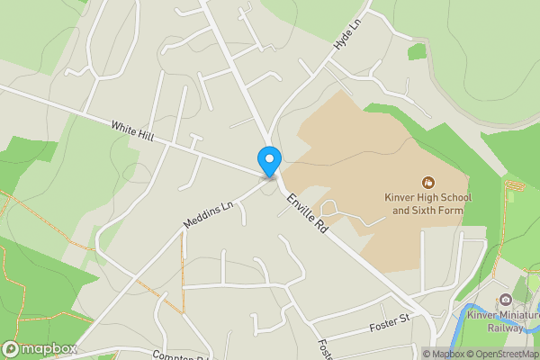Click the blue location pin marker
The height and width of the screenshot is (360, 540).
pos(268,160)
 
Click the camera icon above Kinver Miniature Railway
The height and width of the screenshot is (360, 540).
pos(506,300)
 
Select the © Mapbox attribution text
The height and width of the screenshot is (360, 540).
pos(444,354)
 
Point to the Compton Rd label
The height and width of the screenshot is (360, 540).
pos(181,355)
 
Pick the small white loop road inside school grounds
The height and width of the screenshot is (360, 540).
pos(330,209)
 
